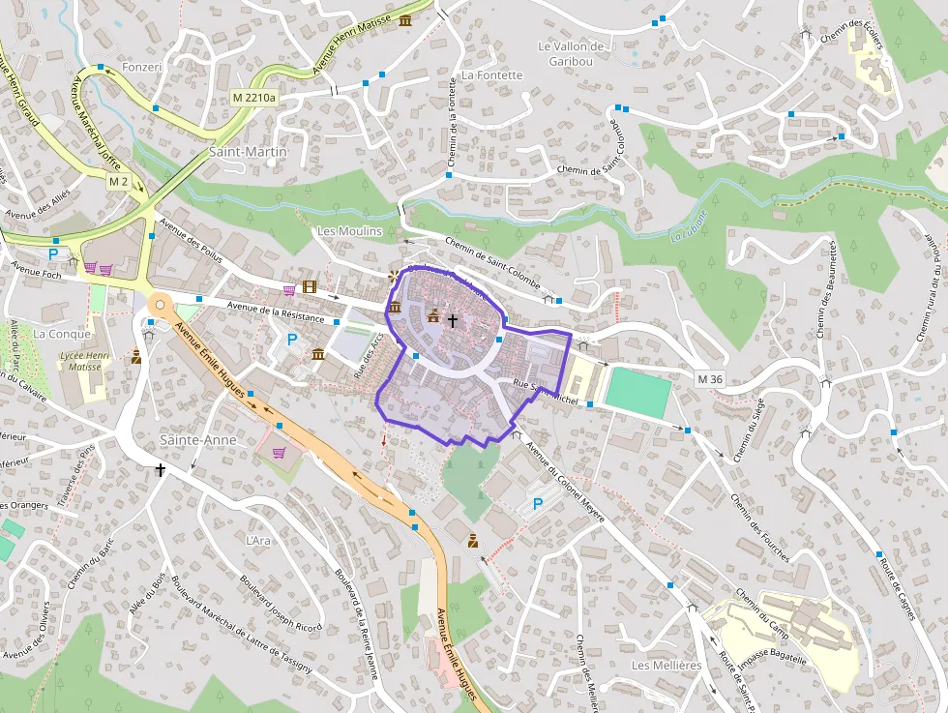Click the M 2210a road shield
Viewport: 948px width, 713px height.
click(254, 98)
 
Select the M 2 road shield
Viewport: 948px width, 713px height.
click(119, 182)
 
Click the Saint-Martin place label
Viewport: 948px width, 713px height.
click(249, 152)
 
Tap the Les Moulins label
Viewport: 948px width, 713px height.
click(350, 231)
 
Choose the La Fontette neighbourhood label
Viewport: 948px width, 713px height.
click(491, 74)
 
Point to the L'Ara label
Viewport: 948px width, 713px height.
click(258, 540)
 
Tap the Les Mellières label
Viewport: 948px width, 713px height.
click(666, 666)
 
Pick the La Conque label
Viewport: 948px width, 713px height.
click(62, 334)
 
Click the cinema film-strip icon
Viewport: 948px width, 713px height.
click(309, 286)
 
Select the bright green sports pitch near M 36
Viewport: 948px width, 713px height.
click(637, 393)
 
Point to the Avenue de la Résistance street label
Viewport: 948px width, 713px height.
click(276, 312)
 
